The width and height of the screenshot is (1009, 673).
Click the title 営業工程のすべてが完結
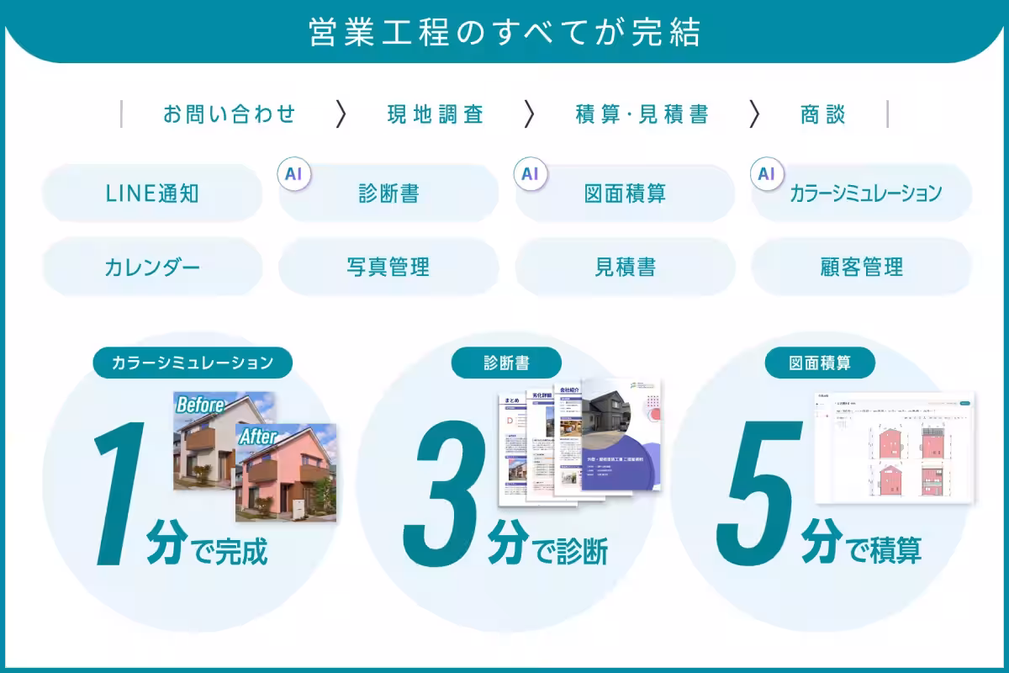click(x=504, y=33)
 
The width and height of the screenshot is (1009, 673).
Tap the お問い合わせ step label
click(x=230, y=114)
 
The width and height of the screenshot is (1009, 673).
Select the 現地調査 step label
click(x=435, y=114)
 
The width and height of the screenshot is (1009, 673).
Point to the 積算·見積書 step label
click(x=642, y=114)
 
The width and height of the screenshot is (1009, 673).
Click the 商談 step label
click(x=822, y=114)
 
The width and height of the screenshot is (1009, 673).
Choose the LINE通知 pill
click(x=152, y=193)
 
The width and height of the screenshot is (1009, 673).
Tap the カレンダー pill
click(x=152, y=268)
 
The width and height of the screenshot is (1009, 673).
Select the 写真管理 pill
click(x=388, y=268)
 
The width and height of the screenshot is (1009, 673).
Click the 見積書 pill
click(x=625, y=268)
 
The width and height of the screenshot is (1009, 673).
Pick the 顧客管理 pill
click(x=861, y=268)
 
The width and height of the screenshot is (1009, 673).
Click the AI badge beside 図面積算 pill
click(x=530, y=174)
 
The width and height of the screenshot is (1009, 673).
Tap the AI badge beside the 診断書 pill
click(x=293, y=174)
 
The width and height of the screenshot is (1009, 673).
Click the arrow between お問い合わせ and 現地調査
click(x=341, y=114)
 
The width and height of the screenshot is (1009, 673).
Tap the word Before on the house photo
click(x=200, y=405)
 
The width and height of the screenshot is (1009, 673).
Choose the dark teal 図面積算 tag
click(x=820, y=363)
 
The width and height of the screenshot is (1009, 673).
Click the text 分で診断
click(x=547, y=551)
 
